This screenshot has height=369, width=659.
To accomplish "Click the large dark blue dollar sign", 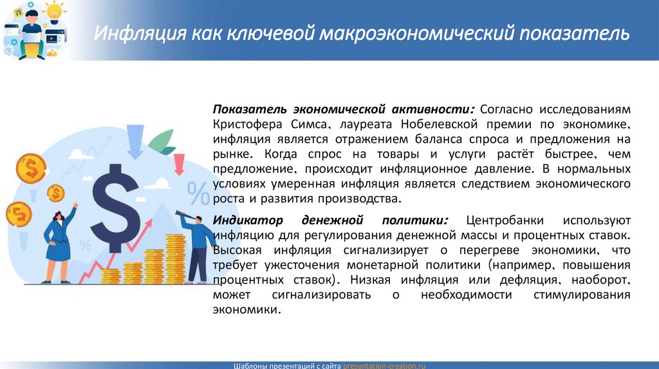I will (115, 199).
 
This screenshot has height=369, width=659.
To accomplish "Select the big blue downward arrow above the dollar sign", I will (135, 141).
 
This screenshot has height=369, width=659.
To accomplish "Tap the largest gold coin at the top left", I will (30, 169).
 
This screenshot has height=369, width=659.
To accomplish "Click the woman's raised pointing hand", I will (76, 206).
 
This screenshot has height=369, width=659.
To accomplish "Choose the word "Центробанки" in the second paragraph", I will (503, 220).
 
